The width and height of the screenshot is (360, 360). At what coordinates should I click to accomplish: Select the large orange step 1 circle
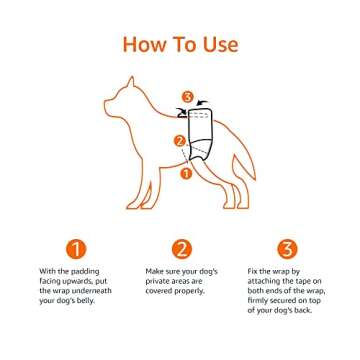(x=76, y=249)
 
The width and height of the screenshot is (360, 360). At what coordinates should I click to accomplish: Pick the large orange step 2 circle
(x=181, y=249)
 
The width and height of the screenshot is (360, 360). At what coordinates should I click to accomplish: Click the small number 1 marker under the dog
(x=184, y=172)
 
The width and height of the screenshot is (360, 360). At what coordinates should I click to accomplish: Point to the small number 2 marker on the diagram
(x=179, y=141)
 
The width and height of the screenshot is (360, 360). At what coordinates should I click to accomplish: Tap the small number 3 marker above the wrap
(x=185, y=97)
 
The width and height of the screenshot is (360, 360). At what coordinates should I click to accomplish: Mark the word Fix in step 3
(x=254, y=271)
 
